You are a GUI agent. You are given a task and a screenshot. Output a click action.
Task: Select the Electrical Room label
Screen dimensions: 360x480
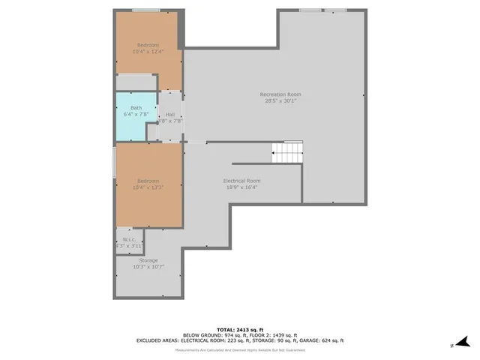(x=241, y=181)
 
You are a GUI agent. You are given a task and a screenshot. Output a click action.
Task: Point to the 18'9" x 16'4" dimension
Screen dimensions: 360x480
(x=241, y=187)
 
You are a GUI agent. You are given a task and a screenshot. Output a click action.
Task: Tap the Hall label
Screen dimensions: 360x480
(x=170, y=114)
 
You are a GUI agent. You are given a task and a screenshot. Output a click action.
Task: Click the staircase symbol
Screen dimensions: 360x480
(x=286, y=153)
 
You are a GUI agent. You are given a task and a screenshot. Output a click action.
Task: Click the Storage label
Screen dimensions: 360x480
(x=148, y=260)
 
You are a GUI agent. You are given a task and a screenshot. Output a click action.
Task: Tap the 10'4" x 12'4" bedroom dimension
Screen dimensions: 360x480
(x=148, y=52)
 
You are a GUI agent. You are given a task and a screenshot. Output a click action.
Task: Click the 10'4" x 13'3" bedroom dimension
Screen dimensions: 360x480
(x=148, y=187)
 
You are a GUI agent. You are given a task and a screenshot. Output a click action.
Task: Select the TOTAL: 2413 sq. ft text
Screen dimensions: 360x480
(x=240, y=329)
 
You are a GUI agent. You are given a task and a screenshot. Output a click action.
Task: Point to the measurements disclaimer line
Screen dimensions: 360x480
(x=240, y=350)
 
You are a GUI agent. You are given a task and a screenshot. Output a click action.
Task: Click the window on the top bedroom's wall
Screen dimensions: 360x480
(x=147, y=10)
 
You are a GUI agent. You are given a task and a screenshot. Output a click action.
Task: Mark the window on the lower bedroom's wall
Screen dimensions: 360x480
(x=114, y=162)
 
